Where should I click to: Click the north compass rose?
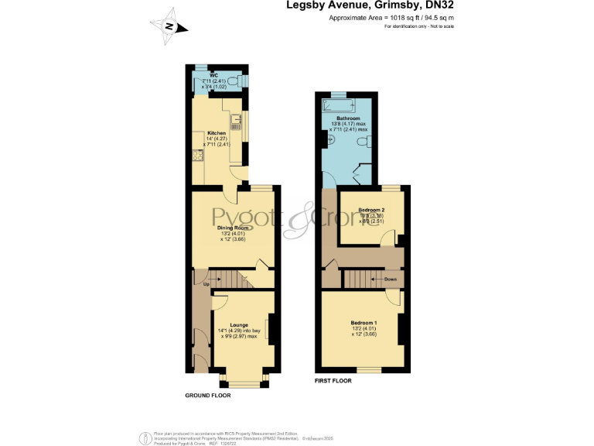click(x=168, y=26)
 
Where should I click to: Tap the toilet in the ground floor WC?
click(x=242, y=81)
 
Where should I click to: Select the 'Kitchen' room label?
click(x=205, y=133)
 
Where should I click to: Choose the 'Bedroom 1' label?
click(x=364, y=322)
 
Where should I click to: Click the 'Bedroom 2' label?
click(x=373, y=210)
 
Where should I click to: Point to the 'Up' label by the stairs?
click(x=207, y=284)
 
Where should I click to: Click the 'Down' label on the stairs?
click(x=388, y=278)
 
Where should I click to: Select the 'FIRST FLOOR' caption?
click(x=333, y=381)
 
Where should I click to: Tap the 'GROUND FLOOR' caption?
click(x=207, y=395)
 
